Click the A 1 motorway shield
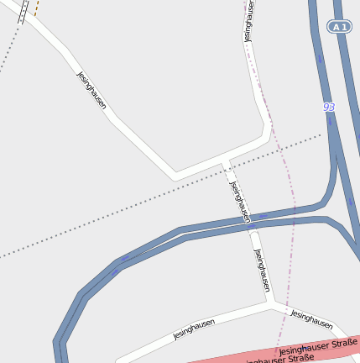pos(339,28)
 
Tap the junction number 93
pos(328,108)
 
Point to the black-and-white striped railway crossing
pos(23,8)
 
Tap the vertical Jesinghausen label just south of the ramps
pos(263,270)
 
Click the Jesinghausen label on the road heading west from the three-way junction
pos(194,329)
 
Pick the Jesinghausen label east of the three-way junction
pos(311,319)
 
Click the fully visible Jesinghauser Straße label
pos(318,345)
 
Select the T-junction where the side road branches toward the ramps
pos(226,161)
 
